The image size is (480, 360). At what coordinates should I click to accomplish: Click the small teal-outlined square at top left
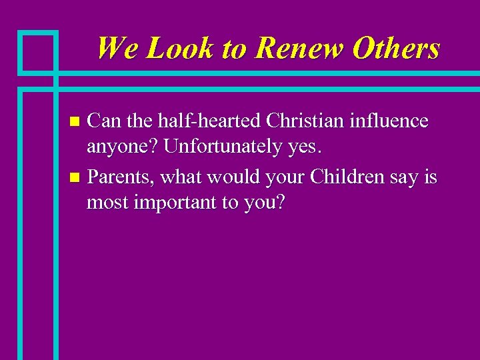(38, 51)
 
